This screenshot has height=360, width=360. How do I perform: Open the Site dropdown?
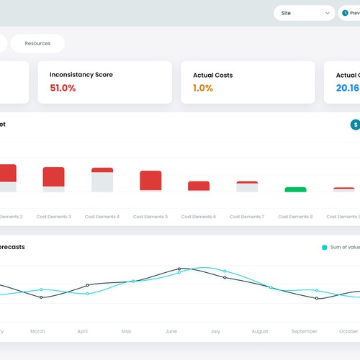[x=304, y=13]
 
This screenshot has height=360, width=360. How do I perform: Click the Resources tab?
[x=37, y=43]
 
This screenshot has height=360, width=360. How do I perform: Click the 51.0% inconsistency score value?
[x=63, y=88]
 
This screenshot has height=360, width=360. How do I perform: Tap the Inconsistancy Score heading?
[x=81, y=75]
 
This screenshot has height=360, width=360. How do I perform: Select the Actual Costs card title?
[x=212, y=75]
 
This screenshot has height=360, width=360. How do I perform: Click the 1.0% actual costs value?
[x=203, y=88]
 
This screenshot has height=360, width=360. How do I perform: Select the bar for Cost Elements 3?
[x=53, y=179]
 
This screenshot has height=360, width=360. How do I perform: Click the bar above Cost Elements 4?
[x=102, y=180]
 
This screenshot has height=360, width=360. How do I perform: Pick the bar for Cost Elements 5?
[x=150, y=181]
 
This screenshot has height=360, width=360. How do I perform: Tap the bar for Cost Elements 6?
[x=199, y=186]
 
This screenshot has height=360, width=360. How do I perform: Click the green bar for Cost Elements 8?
[x=295, y=189]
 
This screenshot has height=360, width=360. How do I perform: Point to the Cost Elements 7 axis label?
[x=246, y=217]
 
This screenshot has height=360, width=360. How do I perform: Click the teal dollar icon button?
[x=355, y=125]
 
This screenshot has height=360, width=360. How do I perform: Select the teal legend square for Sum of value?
[x=324, y=247]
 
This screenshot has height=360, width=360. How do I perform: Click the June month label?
[x=171, y=331]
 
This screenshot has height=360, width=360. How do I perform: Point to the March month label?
[x=37, y=331]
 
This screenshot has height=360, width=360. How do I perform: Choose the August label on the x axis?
[x=259, y=331]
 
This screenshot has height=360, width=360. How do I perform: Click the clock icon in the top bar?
[x=345, y=13]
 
